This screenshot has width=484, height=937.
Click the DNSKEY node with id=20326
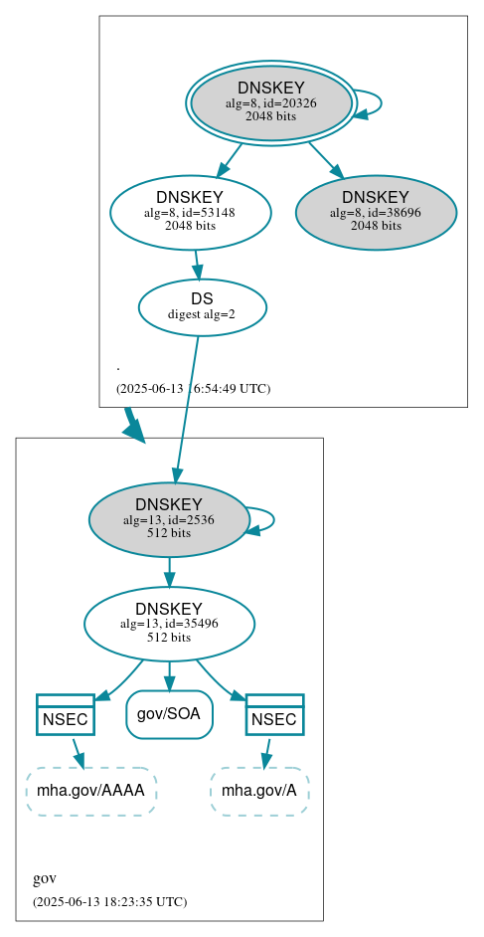click(x=270, y=102)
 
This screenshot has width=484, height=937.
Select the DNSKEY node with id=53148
click(x=190, y=212)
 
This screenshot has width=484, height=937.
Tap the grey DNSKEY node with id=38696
click(x=376, y=212)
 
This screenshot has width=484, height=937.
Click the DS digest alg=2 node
click(x=202, y=306)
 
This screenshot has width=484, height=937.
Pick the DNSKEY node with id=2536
click(x=169, y=519)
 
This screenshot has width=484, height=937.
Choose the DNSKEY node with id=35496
click(x=169, y=624)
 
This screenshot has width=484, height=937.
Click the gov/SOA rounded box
click(x=169, y=714)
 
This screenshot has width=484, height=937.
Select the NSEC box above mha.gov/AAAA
click(x=66, y=714)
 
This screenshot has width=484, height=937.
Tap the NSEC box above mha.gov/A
click(x=274, y=714)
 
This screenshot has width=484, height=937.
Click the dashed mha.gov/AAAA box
click(x=91, y=791)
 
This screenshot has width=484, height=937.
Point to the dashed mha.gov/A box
click(x=259, y=791)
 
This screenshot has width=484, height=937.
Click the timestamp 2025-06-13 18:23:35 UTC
click(x=109, y=901)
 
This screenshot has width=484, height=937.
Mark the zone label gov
click(x=45, y=878)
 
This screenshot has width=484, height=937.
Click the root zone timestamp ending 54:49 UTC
click(x=193, y=388)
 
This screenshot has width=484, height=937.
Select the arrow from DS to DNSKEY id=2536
click(x=187, y=408)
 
